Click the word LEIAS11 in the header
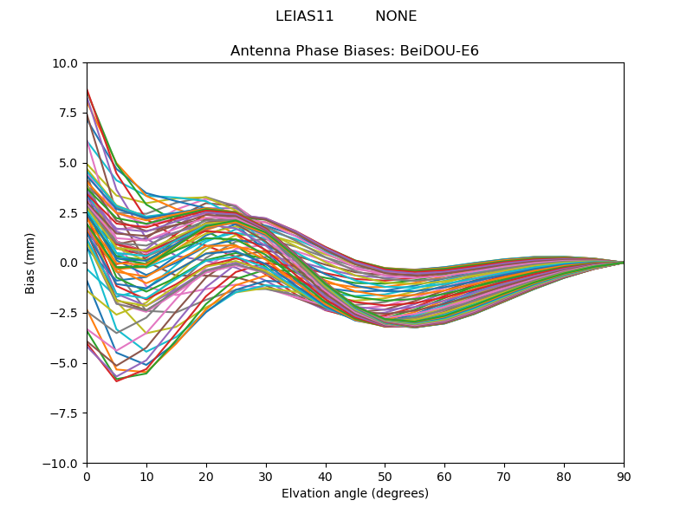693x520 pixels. click(304, 16)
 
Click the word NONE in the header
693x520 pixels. click(396, 16)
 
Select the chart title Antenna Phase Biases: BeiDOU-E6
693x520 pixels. click(354, 51)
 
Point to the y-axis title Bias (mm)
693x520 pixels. click(30, 263)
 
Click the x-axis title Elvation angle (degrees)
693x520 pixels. click(354, 494)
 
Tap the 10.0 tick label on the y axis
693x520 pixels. click(65, 63)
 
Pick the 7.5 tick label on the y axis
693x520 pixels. click(68, 114)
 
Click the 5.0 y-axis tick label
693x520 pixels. click(68, 163)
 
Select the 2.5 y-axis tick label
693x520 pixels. click(68, 213)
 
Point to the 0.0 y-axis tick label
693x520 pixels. click(68, 263)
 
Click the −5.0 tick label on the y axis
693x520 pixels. click(64, 363)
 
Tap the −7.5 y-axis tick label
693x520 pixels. click(64, 413)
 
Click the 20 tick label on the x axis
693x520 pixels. click(206, 478)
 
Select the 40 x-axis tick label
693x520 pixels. click(325, 478)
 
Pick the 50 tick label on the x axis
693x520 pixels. click(385, 478)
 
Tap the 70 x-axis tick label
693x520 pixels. click(504, 478)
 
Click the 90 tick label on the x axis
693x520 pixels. click(623, 478)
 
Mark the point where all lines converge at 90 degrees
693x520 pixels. click(623, 263)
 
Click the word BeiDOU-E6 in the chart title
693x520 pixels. click(439, 51)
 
